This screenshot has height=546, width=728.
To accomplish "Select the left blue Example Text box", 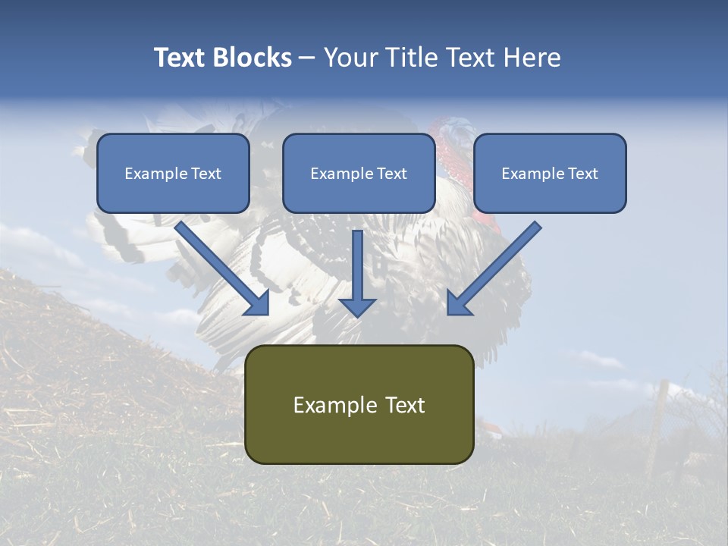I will [x=173, y=173].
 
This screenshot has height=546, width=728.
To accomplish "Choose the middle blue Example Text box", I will [x=359, y=173].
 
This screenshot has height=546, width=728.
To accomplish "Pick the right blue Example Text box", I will [x=550, y=173].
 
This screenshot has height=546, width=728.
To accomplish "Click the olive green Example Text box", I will [x=359, y=404].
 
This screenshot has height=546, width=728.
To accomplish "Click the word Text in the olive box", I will [x=406, y=405].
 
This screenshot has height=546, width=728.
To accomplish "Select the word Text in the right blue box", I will [x=582, y=174].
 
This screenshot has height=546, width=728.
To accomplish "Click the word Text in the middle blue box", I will [x=391, y=174].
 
